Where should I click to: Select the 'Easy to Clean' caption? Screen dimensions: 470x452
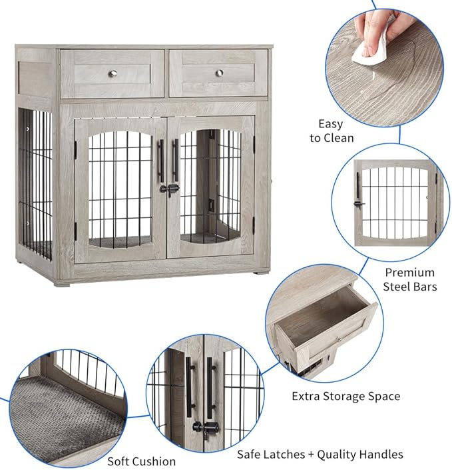(331, 131)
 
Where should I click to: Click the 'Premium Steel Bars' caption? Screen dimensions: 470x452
(409, 279)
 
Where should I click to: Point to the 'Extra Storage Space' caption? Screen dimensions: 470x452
(345, 396)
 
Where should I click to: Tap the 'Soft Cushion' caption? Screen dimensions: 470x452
(142, 461)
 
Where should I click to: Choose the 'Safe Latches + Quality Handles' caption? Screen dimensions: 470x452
(320, 454)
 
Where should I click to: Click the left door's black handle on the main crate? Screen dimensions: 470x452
(160, 160)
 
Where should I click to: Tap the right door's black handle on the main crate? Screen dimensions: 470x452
(176, 160)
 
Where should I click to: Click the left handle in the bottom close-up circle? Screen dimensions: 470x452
(189, 387)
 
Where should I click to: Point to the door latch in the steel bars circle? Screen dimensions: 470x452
(360, 203)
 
